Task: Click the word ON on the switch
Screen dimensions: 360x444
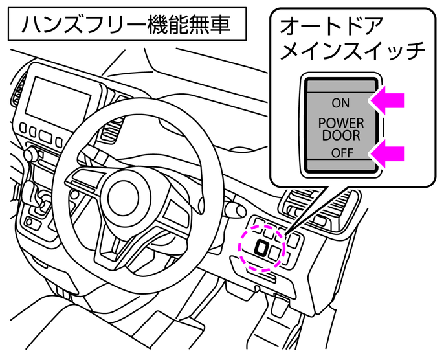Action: (x=340, y=102)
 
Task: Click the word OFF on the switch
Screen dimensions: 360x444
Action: (x=340, y=153)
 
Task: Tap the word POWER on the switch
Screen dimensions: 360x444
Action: (x=340, y=123)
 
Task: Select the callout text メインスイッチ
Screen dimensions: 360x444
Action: (x=353, y=52)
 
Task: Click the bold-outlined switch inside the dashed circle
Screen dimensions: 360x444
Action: (x=262, y=247)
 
